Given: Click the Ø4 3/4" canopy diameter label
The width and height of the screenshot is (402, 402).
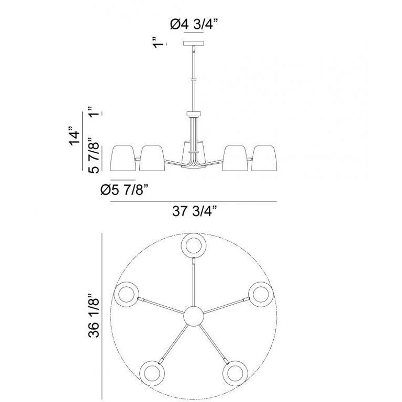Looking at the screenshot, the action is (x=194, y=25).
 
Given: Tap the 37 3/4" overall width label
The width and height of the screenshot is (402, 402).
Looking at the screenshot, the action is (x=195, y=211).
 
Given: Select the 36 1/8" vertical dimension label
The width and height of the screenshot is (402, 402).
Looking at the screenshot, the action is (x=93, y=316).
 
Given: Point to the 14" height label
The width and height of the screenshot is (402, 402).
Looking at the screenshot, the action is (x=74, y=136).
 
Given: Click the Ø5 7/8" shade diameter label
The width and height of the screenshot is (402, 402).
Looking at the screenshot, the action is (x=125, y=189).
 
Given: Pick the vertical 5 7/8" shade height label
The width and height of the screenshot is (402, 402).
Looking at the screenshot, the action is (x=93, y=155).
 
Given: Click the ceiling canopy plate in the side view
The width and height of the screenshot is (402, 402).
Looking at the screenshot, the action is (x=194, y=43).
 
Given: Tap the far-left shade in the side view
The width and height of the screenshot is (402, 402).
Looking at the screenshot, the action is (x=123, y=158).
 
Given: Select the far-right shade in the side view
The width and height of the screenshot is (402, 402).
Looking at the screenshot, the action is (x=264, y=158).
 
